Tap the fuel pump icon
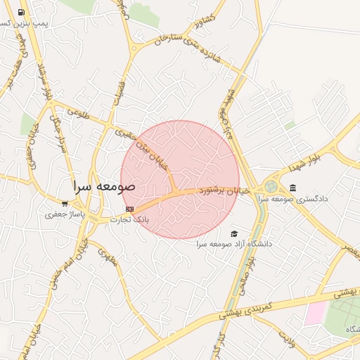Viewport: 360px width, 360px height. click(x=22, y=12)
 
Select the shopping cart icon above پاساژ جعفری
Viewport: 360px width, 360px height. click(x=65, y=204)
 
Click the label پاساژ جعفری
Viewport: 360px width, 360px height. click(x=65, y=214)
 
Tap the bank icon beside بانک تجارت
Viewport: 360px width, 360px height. click(x=129, y=209)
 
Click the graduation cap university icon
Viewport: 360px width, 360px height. click(x=234, y=234)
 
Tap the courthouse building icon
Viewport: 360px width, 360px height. click(x=292, y=188)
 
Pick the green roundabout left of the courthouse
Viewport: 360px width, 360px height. click(x=271, y=187)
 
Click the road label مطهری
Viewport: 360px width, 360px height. click(x=107, y=258)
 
